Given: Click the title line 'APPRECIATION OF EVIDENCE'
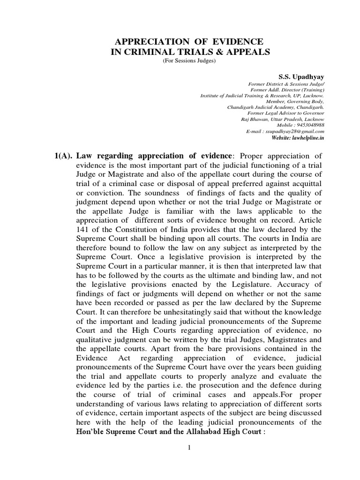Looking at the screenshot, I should [190, 42].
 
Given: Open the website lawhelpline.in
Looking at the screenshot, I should [304, 139].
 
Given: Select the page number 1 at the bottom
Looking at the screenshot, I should [190, 448].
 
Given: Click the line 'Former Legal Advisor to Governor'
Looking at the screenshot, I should [286, 113].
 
